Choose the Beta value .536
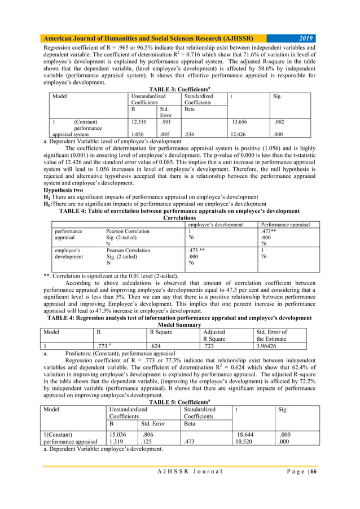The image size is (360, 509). (190, 135)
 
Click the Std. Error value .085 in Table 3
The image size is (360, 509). (166, 135)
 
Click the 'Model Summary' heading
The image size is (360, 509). (179, 324)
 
